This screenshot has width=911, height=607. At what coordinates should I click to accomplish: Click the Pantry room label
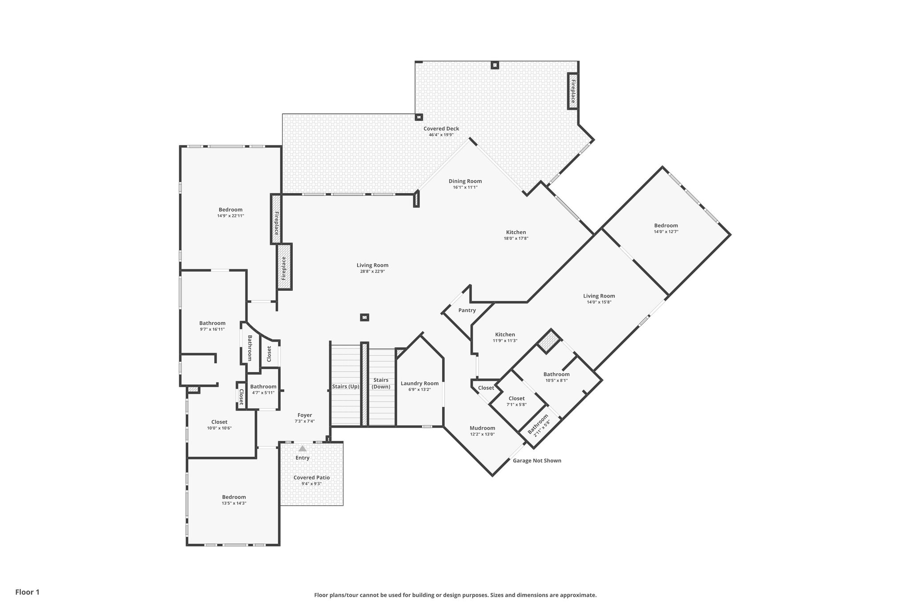[x=467, y=310]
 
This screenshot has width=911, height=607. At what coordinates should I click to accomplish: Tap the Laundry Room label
[x=419, y=383]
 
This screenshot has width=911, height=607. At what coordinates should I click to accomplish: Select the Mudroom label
[x=482, y=428]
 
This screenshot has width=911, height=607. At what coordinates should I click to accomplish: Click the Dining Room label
[x=465, y=181]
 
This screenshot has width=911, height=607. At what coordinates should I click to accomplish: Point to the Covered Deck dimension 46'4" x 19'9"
[x=441, y=135]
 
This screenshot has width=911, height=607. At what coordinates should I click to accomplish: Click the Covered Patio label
[x=311, y=478]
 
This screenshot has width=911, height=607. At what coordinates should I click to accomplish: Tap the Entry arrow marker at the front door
[x=302, y=449]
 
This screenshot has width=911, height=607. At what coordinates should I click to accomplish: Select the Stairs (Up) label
[x=346, y=386]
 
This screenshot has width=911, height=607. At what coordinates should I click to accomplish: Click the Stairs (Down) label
[x=381, y=383]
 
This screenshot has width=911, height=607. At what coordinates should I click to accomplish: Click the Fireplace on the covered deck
[x=572, y=91]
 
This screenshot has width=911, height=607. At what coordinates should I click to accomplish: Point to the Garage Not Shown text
[x=537, y=461]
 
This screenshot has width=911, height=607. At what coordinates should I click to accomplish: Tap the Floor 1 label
[x=27, y=592]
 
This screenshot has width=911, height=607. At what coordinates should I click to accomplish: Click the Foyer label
[x=305, y=415]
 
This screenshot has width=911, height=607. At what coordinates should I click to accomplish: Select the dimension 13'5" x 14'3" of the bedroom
[x=234, y=503]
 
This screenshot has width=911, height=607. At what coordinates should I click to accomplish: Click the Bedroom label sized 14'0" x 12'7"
[x=666, y=225]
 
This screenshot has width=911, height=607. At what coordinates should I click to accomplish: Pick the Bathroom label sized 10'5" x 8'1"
[x=556, y=374]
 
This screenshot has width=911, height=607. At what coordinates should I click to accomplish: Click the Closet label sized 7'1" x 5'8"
[x=516, y=398]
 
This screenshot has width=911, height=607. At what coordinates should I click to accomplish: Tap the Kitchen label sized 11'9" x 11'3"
[x=505, y=334]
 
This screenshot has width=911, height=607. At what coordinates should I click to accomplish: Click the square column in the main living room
[x=364, y=318]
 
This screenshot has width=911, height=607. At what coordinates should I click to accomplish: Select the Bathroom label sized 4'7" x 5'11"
[x=263, y=387]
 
